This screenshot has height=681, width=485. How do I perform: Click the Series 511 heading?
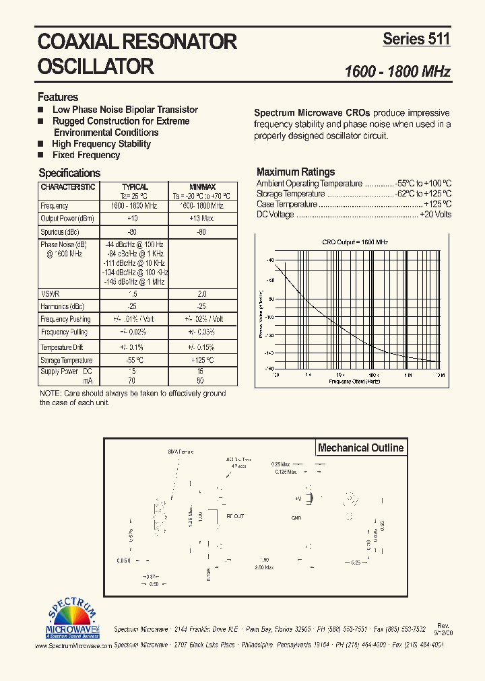coord(416,39)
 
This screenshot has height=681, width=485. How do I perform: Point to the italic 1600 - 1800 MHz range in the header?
coord(397,71)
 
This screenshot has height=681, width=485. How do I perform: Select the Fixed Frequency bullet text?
coord(86,155)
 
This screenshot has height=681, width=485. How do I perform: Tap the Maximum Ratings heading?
coord(296,172)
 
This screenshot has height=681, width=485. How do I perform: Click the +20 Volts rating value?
coord(435,215)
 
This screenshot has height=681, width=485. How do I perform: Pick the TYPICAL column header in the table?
coord(135,187)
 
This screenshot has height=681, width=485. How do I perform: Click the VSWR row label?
coord(50,294)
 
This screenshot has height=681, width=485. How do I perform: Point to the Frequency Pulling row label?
coord(65,332)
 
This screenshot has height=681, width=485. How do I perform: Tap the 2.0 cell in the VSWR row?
coord(201,294)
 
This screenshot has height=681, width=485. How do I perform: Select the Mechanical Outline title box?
coord(360,447)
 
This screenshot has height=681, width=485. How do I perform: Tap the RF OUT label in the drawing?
coord(235,516)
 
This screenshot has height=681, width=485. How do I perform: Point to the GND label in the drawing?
coord(296,518)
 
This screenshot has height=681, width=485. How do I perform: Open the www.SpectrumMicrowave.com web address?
coord(73,645)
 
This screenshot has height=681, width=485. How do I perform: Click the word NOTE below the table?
coord(49,393)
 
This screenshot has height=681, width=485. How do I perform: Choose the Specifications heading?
coord(69,173)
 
